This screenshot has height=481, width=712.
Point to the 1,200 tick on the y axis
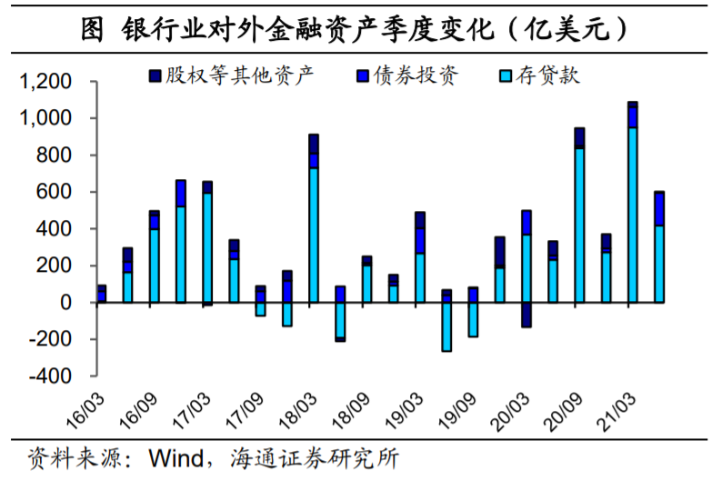pyautogui.click(x=45, y=83)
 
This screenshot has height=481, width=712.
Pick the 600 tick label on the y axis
pyautogui.click(x=57, y=193)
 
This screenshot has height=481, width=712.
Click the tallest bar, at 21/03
pyautogui.click(x=632, y=209)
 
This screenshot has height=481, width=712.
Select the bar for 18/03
pyautogui.click(x=314, y=227)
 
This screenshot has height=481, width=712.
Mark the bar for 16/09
pyautogui.click(x=155, y=264)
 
